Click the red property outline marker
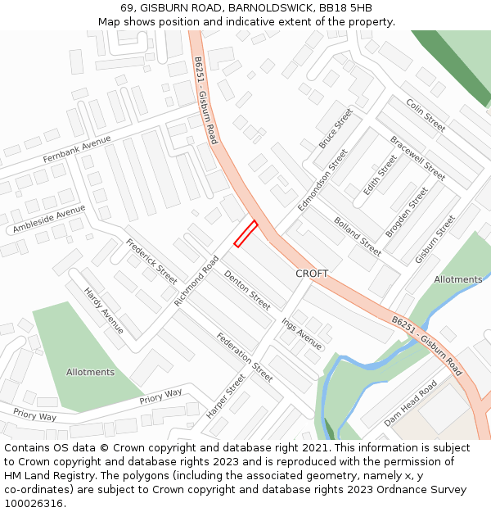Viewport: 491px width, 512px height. (245, 233)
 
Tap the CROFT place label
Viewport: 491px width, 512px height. (312, 274)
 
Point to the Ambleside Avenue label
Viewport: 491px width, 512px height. (49, 219)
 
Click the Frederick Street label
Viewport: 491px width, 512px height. (151, 261)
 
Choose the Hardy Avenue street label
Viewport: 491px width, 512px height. (104, 310)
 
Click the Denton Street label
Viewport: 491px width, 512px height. (247, 290)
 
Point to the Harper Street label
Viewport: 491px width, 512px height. (226, 396)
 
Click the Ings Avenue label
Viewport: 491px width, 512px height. (302, 333)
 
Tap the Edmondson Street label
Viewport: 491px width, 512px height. (322, 180)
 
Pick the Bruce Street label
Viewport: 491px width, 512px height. (336, 128)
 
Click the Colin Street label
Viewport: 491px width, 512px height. (426, 116)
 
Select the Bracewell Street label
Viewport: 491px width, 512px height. (417, 158)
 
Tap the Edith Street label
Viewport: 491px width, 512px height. (380, 174)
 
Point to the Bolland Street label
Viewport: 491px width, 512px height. (358, 235)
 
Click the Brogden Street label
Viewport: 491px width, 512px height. (407, 212)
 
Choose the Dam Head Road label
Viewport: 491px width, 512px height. (411, 401)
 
